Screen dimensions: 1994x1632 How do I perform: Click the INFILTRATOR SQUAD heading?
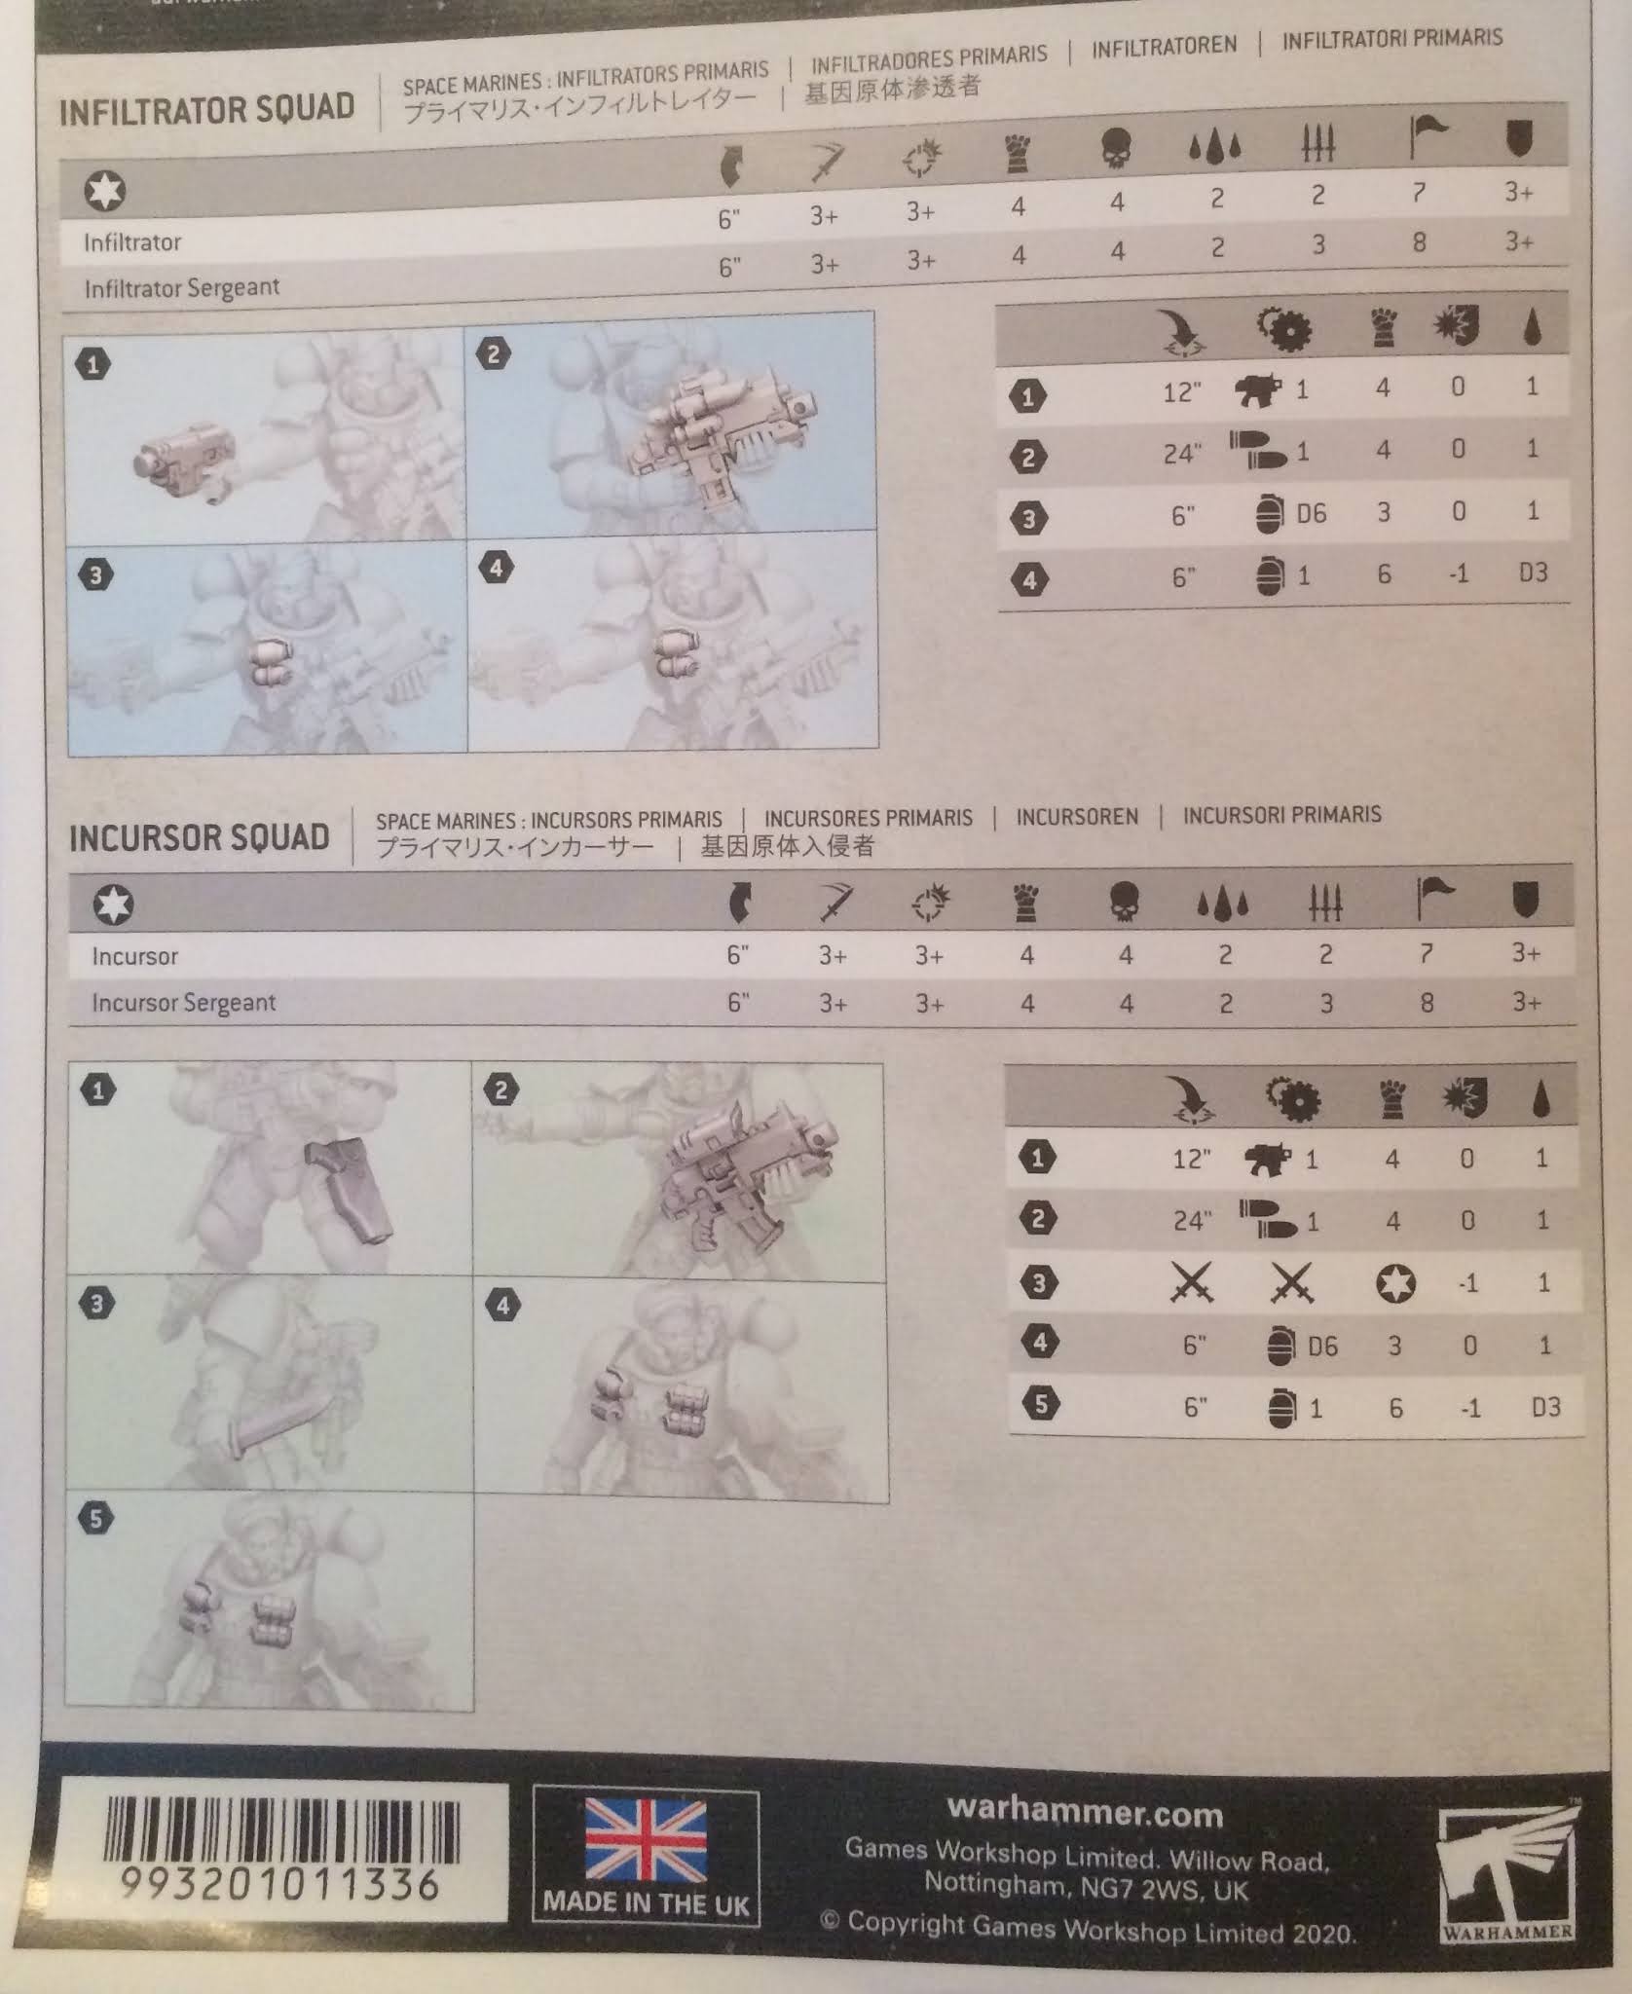click(206, 108)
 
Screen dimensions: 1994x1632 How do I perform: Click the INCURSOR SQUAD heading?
click(199, 837)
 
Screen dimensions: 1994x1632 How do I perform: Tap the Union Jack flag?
click(646, 1839)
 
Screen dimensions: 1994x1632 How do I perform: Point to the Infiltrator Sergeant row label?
click(181, 288)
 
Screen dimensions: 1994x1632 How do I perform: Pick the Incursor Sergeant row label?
click(183, 1003)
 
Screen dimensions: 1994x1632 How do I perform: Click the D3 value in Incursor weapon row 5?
click(1544, 1407)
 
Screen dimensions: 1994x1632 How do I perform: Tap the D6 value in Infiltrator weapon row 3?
click(1311, 513)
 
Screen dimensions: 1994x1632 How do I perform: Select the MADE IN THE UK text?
click(646, 1902)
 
